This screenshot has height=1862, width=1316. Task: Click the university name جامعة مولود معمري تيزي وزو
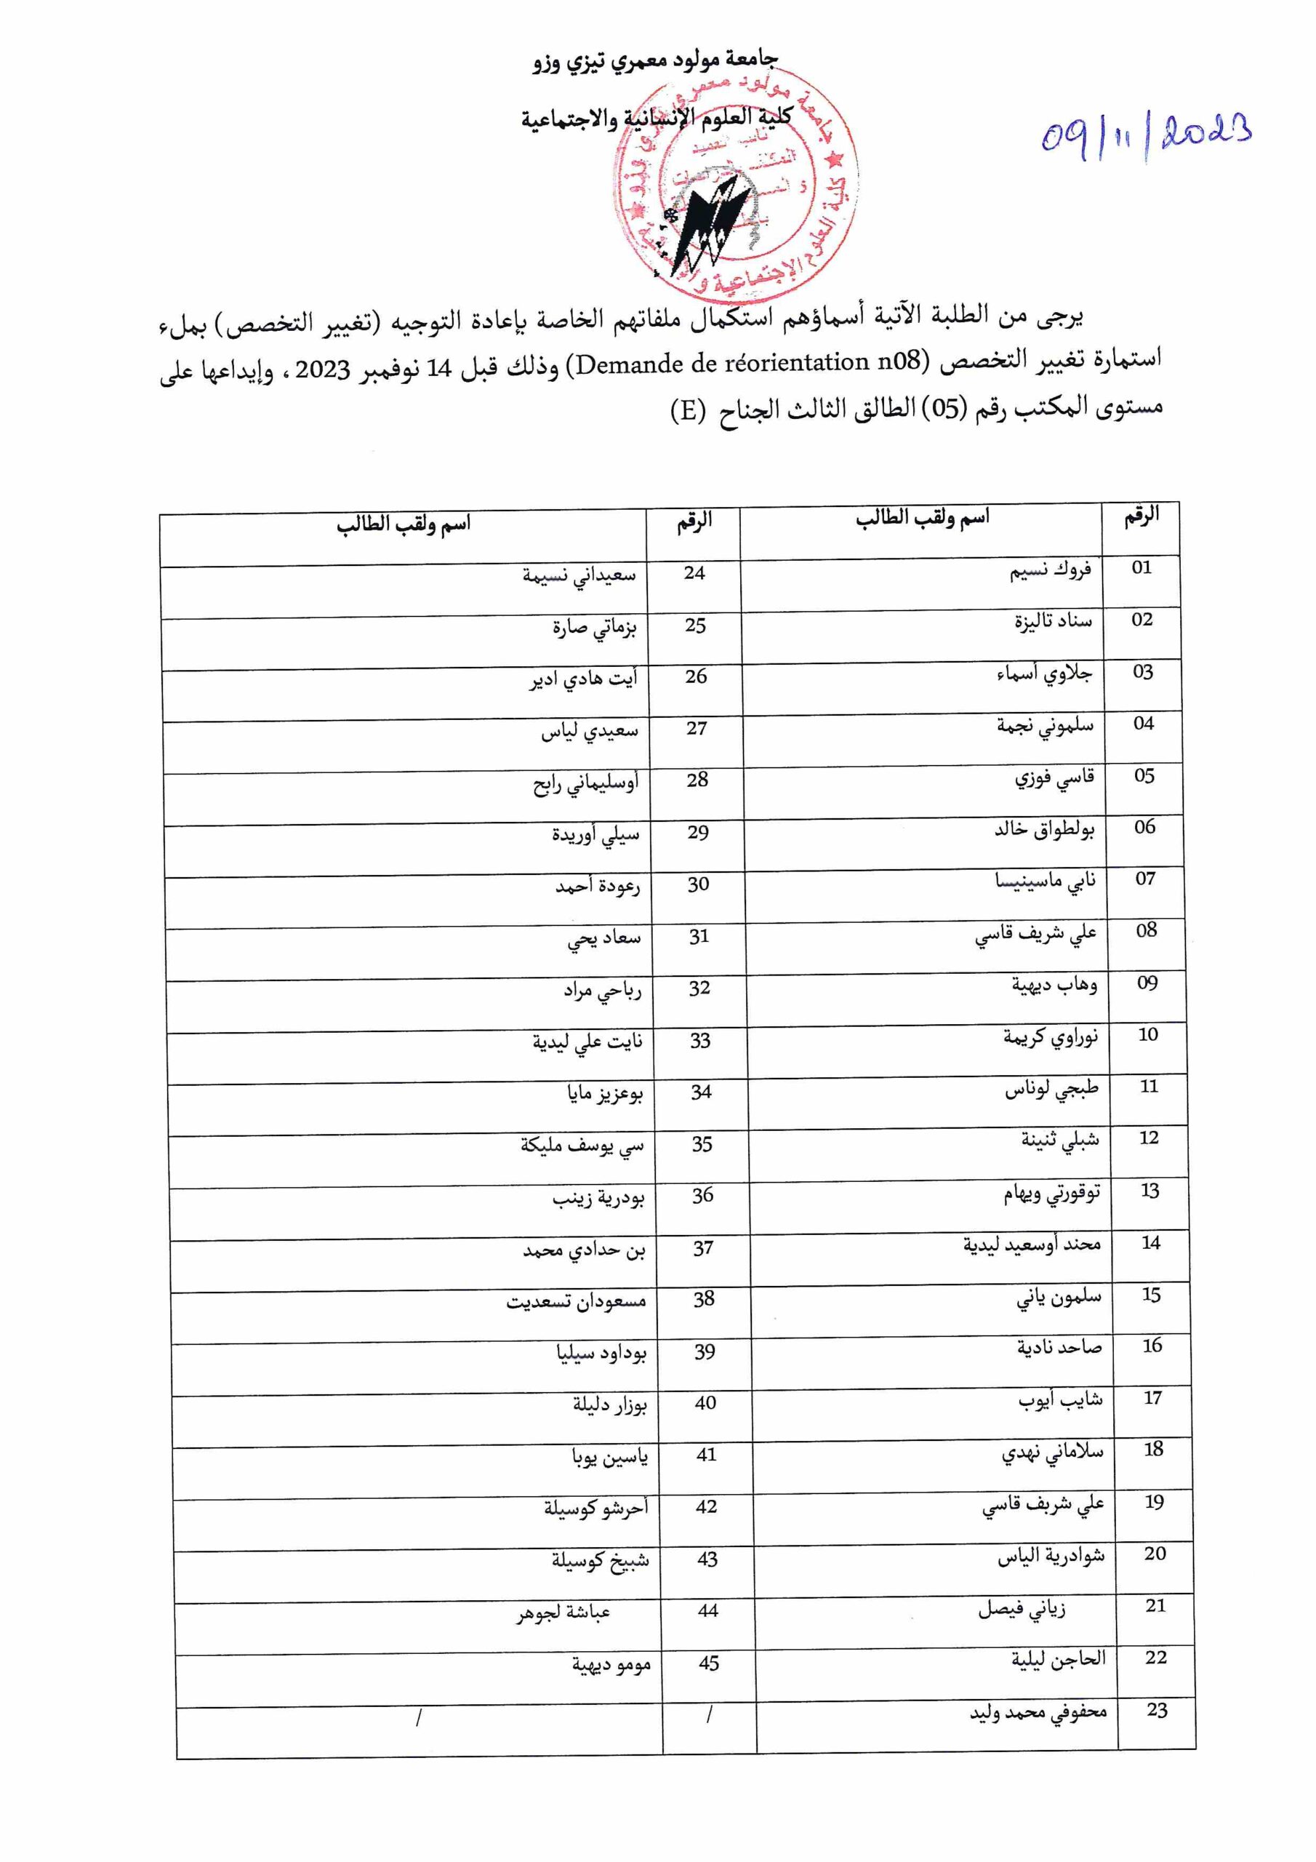click(x=654, y=61)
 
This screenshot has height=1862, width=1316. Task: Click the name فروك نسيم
click(x=1050, y=571)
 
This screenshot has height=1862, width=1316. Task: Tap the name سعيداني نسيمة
click(x=579, y=576)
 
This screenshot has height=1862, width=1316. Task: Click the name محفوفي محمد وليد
click(x=1038, y=1713)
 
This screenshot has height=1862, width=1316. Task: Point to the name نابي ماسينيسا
click(x=1046, y=881)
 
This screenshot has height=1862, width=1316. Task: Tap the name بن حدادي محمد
click(x=584, y=1250)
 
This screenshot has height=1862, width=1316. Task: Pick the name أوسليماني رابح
click(x=585, y=783)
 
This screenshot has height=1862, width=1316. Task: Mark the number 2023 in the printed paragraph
click(x=322, y=371)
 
